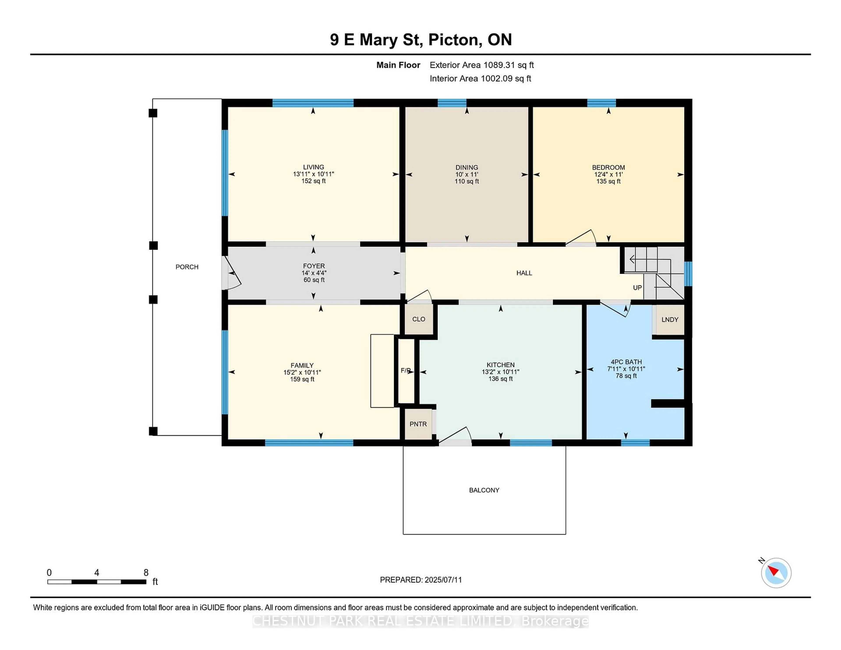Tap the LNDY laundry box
click(x=670, y=320)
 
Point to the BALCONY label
click(x=484, y=490)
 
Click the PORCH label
click(x=187, y=267)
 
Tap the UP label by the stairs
click(x=637, y=288)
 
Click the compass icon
click(x=776, y=573)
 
